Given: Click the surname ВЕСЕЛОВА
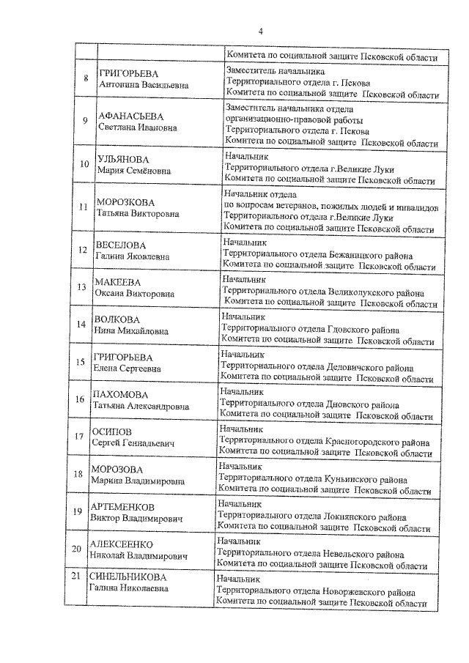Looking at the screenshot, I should tap(121, 245).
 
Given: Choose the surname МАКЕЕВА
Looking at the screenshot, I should tap(118, 282).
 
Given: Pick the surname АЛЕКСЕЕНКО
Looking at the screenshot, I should tap(121, 544).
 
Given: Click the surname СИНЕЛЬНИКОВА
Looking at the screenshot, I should tap(129, 576).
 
